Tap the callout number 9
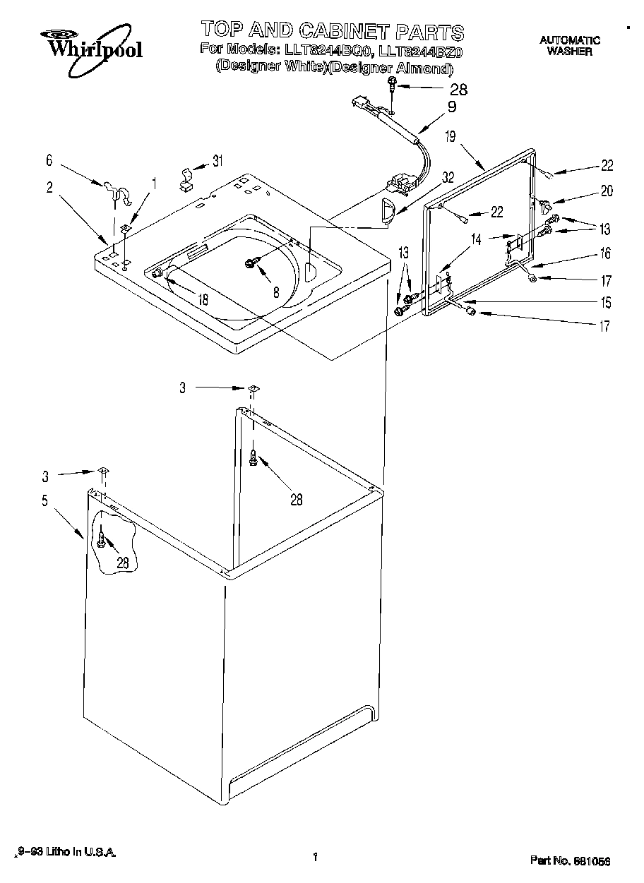point(452,107)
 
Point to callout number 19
point(450,137)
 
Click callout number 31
point(217,160)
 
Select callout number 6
point(49,161)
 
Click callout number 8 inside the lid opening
point(276,291)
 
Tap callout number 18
point(203,299)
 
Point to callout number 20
point(606,190)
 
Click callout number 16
point(606,253)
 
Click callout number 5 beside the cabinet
point(44,501)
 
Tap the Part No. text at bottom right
point(569,860)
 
